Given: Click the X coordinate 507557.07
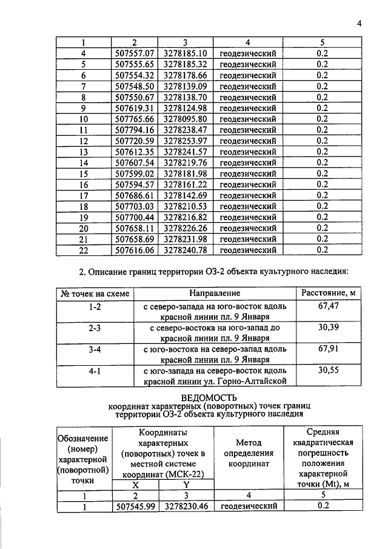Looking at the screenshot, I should [136, 53].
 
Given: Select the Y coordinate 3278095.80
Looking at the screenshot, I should [186, 119].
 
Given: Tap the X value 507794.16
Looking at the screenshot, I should [136, 130].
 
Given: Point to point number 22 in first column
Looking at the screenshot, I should [84, 250].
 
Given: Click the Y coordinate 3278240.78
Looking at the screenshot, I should [186, 250].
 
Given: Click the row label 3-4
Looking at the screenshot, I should [94, 349].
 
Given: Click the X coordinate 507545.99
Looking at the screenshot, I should [136, 506].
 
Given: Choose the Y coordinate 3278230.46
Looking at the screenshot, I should [186, 506].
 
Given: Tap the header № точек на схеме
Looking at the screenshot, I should [94, 294].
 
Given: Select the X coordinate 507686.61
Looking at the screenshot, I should [136, 195].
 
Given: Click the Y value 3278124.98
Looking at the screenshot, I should [186, 108].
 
